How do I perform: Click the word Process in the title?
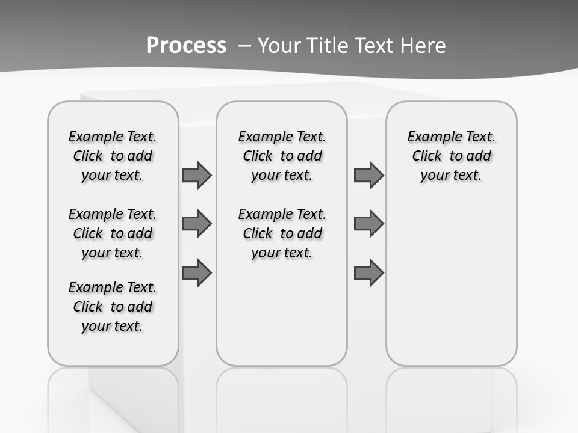point(186,46)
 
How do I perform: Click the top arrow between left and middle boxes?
point(197,176)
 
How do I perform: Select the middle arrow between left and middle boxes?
point(197,224)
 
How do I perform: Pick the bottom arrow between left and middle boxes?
point(197,273)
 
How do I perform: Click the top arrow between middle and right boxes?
point(368,176)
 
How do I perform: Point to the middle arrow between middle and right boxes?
point(368,224)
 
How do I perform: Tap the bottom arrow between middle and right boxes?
point(368,273)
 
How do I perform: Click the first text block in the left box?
point(113,156)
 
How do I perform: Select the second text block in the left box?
point(113,233)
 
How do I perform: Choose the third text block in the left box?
point(113,307)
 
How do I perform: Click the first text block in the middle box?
point(282,156)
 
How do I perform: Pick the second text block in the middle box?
point(282,233)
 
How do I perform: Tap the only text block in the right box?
point(451,156)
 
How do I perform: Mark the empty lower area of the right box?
point(451,283)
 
